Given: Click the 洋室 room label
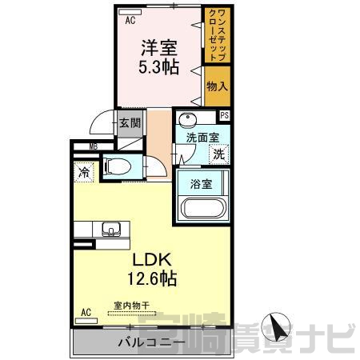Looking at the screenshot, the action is point(159,47).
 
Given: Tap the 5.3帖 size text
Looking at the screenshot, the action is point(158,66).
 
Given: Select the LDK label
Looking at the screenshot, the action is point(152,260).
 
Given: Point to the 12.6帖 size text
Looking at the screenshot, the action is point(152,278).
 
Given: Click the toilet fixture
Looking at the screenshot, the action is point(118,167).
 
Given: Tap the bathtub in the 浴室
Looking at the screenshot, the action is point(203,207).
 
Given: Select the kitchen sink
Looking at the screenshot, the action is point(111,229).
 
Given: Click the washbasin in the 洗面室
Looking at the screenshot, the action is point(187,120).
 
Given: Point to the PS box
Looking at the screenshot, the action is point(225,115).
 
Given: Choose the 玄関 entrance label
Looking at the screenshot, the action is point(130,123).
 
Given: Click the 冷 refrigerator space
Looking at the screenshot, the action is point(84,172).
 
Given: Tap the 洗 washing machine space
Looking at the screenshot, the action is point(219,154).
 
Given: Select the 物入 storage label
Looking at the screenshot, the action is point(218,86).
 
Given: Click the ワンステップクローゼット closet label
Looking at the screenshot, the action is point(218,34).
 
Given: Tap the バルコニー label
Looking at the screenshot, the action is point(152,342).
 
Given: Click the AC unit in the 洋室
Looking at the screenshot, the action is point(130,12).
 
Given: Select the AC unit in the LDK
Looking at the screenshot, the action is point(86,321).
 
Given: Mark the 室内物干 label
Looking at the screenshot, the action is point(132,306).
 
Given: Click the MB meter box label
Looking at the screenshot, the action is point(94,146).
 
